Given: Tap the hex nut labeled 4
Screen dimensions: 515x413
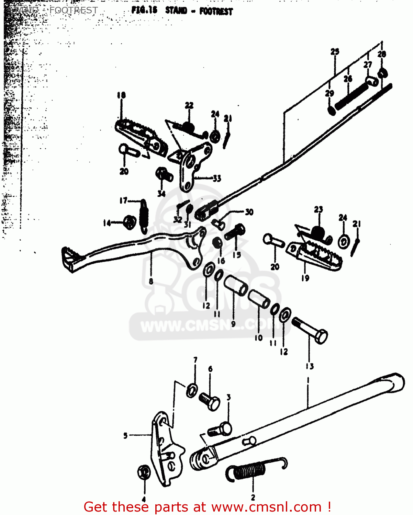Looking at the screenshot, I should [144, 472].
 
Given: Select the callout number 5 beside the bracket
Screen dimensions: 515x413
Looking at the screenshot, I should [125, 435].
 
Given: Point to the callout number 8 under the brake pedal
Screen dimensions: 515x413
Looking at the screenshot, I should [151, 282].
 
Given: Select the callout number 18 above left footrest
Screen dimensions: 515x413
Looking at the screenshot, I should [121, 95].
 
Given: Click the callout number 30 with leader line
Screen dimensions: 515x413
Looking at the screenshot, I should [249, 212].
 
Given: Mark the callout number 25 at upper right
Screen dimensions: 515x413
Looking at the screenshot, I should [335, 51].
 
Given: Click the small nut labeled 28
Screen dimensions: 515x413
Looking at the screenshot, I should [382, 73].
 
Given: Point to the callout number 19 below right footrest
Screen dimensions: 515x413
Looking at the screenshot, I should [305, 278].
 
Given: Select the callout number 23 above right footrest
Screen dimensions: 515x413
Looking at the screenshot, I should [319, 209].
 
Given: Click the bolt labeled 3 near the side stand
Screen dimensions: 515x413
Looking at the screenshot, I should [220, 430].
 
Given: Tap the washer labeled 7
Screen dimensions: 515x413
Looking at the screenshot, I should [192, 390].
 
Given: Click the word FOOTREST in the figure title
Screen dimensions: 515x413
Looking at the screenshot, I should [216, 11].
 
